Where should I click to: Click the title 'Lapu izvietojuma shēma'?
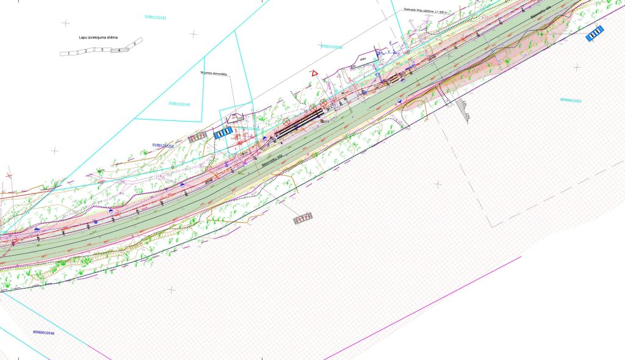(x=98, y=37)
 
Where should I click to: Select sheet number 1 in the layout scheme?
(x=70, y=54)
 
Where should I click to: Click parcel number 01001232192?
(x=156, y=18)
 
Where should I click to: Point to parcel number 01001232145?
(x=179, y=104)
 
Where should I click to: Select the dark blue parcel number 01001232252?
(x=163, y=146)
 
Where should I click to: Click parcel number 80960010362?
(x=572, y=100)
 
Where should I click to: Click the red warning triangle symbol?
(x=314, y=73)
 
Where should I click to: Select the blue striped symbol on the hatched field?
(x=595, y=34)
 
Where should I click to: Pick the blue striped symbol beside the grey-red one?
(x=223, y=133)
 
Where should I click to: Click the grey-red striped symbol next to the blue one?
(x=197, y=138)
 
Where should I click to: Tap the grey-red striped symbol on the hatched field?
(x=303, y=218)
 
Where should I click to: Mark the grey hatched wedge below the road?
(x=463, y=110)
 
